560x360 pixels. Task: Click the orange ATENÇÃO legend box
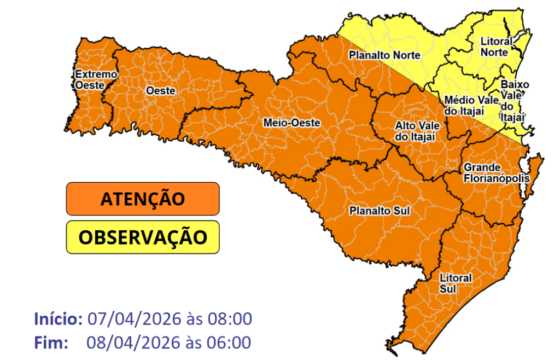pyautogui.click(x=142, y=198)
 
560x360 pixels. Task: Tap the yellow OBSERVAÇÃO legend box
pyautogui.click(x=142, y=238)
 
